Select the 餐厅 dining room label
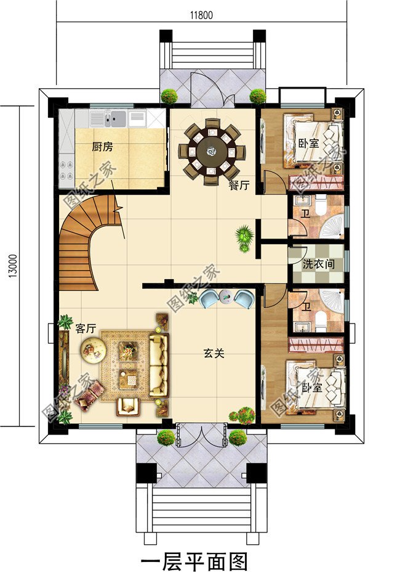238,186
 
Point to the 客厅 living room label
85,329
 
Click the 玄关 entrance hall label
214,354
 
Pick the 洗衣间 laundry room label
318,264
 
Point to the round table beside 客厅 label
93,351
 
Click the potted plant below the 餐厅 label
244,237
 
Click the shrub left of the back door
169,97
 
